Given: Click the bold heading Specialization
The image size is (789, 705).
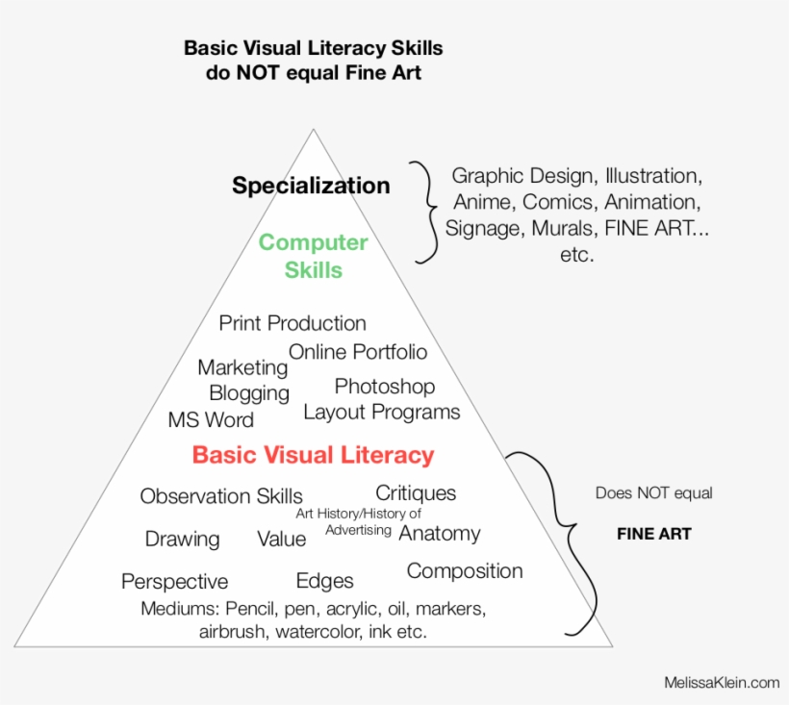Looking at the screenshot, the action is click(311, 186).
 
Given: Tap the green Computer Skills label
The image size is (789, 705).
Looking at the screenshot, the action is click(314, 256).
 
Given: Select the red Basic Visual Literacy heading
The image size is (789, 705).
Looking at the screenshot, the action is click(313, 455).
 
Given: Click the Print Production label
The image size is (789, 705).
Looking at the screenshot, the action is click(293, 323).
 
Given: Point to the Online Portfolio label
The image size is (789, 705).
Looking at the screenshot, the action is click(358, 352).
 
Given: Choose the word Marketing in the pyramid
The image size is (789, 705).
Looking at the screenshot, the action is click(242, 368).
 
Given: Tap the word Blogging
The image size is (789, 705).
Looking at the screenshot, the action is click(249, 393).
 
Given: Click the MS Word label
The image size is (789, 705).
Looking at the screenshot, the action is click(211, 420).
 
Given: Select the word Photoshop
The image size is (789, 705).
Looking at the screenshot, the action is click(385, 387).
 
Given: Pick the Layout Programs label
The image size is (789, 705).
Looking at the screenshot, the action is click(381, 413).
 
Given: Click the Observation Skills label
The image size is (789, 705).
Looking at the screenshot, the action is click(221, 496).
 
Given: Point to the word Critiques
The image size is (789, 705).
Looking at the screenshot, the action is click(416, 493).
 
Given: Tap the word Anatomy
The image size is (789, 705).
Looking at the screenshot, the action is click(440, 534).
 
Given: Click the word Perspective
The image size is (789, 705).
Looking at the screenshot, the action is click(174, 582).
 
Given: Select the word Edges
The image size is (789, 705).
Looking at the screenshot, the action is click(324, 581).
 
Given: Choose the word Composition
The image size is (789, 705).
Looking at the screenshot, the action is click(465, 571).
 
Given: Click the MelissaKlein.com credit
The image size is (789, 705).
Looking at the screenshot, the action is click(722, 682).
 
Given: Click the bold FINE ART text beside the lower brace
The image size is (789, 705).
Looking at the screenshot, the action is click(654, 534).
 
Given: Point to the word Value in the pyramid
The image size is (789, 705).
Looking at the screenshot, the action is click(281, 539).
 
